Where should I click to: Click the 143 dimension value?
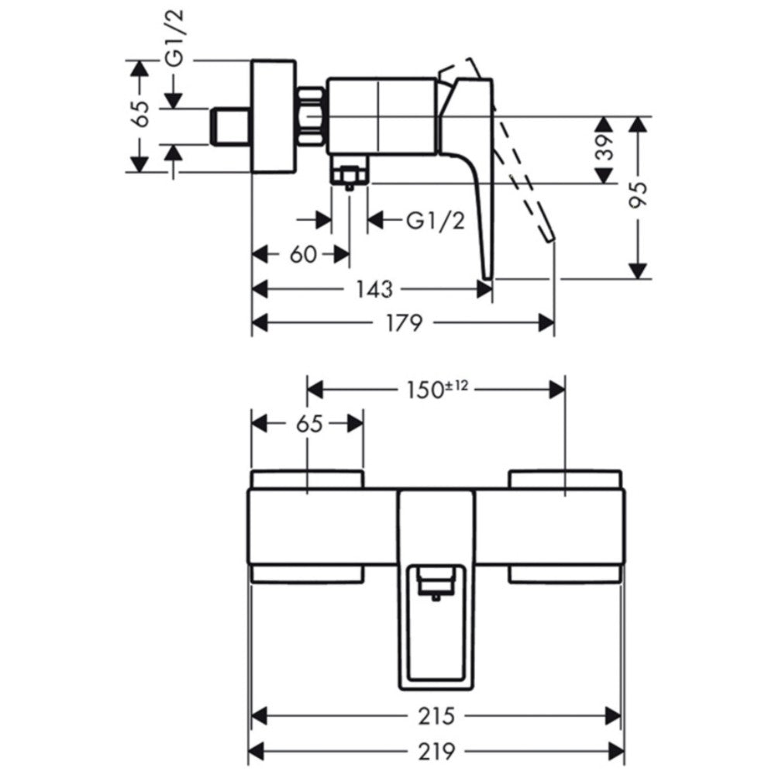(374, 289)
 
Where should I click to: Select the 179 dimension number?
(404, 323)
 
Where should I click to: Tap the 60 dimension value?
(302, 255)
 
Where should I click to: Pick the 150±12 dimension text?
(437, 391)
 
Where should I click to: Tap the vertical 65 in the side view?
(142, 114)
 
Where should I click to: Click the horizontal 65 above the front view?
(309, 424)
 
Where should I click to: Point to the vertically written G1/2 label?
(174, 37)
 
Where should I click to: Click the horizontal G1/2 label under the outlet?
(436, 221)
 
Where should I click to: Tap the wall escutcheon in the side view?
(274, 117)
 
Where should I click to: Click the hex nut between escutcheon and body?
(312, 117)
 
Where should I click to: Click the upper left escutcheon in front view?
(308, 479)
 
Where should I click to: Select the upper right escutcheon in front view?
(565, 479)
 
